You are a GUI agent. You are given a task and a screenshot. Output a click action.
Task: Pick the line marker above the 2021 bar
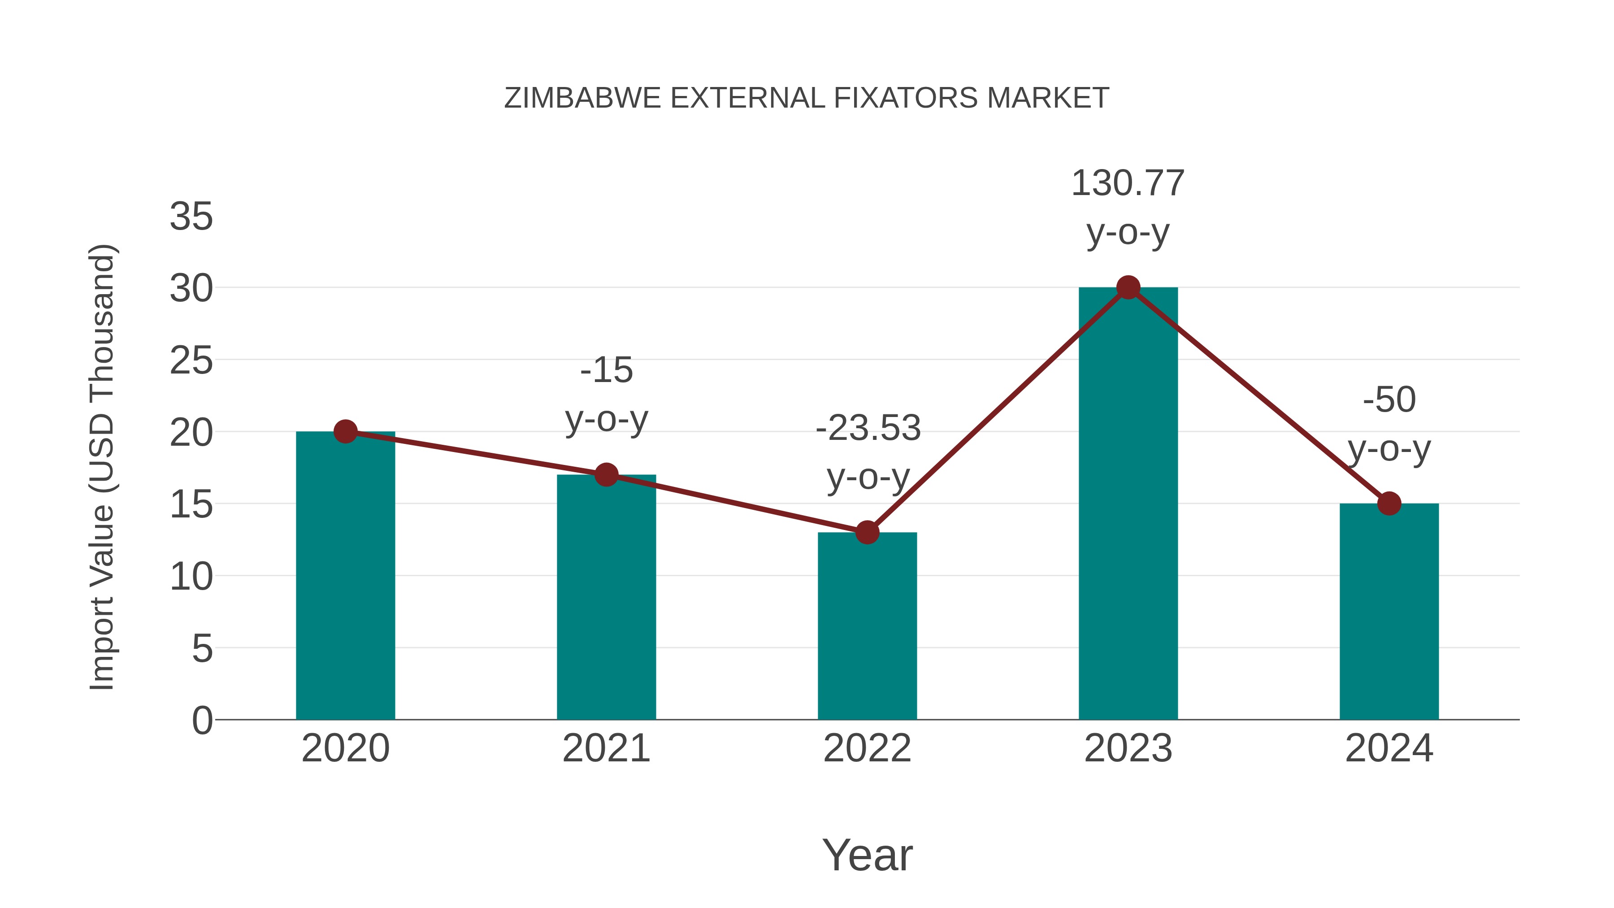pos(606,475)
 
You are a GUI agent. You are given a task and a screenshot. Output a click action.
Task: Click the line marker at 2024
pos(1389,503)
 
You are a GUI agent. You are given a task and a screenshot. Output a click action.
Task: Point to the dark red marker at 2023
pos(1128,287)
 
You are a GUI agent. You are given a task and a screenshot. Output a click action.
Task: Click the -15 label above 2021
pos(606,370)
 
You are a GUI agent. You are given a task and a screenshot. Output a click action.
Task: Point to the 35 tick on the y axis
pos(191,217)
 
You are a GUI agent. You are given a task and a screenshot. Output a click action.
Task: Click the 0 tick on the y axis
pos(202,720)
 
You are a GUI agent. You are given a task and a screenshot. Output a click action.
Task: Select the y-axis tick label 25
pos(191,361)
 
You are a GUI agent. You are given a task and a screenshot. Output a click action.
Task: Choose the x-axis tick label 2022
pos(867,748)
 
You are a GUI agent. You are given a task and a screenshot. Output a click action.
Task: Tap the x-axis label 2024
pos(1389,748)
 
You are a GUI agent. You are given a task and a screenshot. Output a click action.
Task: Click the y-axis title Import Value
pos(101,467)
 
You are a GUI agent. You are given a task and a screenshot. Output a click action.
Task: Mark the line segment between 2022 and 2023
pos(998,410)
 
